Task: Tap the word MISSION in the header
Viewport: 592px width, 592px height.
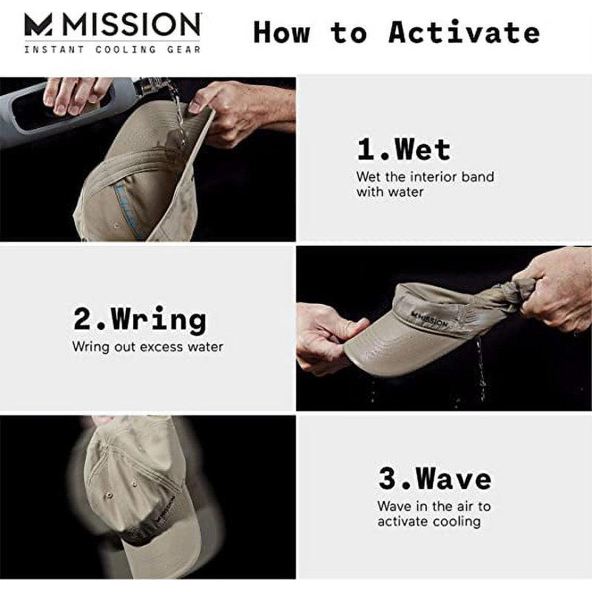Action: click(131, 24)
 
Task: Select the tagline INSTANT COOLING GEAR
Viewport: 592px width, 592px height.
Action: click(112, 50)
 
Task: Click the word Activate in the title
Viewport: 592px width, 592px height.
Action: click(464, 32)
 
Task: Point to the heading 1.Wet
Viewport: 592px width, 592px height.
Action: click(403, 149)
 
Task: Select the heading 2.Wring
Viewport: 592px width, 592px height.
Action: click(140, 320)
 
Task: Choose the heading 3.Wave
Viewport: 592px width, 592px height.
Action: click(434, 478)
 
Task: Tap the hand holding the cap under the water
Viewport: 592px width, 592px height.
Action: click(238, 112)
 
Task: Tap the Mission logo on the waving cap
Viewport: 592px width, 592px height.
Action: click(165, 509)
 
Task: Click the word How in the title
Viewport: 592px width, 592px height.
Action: click(282, 33)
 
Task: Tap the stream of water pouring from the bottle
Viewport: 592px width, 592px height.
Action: click(178, 113)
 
